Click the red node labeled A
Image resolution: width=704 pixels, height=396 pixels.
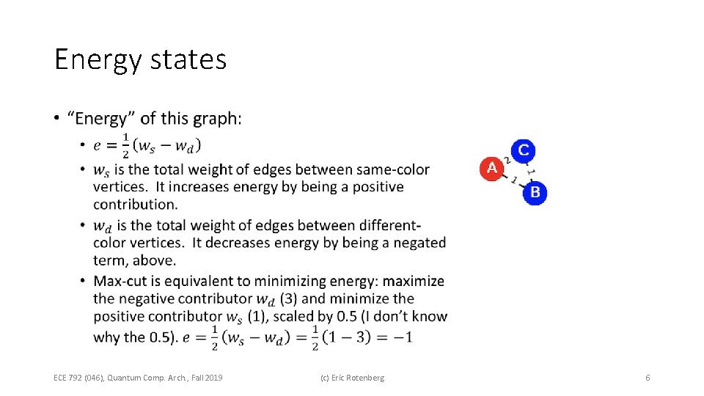(x=491, y=168)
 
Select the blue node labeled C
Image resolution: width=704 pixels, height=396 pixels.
(x=523, y=150)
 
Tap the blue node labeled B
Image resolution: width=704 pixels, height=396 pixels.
(x=535, y=192)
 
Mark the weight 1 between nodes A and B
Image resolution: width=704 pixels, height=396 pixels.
(x=513, y=180)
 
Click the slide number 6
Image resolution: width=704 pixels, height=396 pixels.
(x=648, y=378)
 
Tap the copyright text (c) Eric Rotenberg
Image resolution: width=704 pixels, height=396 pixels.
(x=352, y=378)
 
